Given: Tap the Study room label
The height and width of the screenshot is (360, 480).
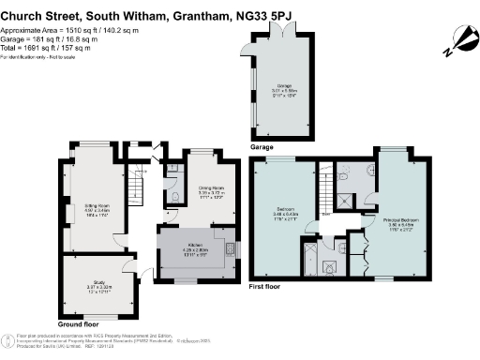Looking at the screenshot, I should pos(99,284).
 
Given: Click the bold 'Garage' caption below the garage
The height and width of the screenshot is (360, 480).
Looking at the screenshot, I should pos(262,147).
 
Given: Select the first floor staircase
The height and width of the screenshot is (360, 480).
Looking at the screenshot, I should pos(325,192).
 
